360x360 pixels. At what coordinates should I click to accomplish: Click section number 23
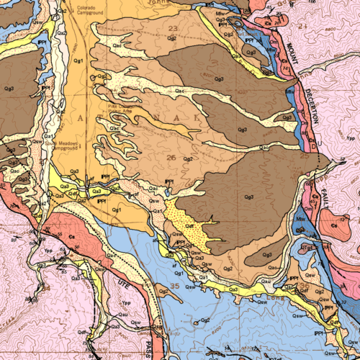coord(172,28)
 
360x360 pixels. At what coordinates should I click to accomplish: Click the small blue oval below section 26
coord(167,192)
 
